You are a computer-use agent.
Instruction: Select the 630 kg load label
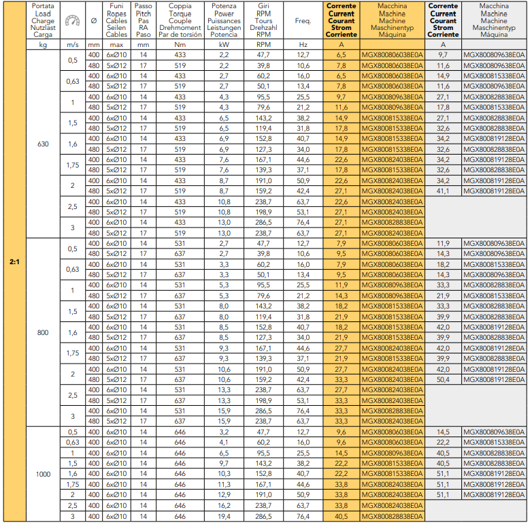tap(43, 144)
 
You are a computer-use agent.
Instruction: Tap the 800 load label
tap(43, 332)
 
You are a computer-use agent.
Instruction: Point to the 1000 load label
tap(43, 474)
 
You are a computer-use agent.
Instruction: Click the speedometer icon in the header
tap(71, 21)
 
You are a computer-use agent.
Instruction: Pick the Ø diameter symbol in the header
tap(93, 21)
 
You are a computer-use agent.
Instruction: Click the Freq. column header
tap(303, 21)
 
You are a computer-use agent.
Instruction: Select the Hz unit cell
tap(303, 44)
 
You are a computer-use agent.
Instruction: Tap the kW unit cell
tap(224, 44)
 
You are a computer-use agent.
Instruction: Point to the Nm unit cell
tap(180, 44)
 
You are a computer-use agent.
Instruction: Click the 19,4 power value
tap(224, 516)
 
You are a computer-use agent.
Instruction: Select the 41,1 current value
tap(443, 191)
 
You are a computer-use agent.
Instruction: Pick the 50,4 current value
tap(443, 379)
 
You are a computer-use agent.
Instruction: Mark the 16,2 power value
tap(224, 505)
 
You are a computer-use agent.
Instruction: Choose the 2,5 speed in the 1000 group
tap(72, 505)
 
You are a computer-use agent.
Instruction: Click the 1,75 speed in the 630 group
tap(72, 165)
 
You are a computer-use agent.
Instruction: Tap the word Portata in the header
tap(43, 5)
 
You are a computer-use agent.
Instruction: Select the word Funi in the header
tap(116, 5)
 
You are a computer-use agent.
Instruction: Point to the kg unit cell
tap(43, 44)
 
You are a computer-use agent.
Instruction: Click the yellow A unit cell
tap(342, 44)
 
